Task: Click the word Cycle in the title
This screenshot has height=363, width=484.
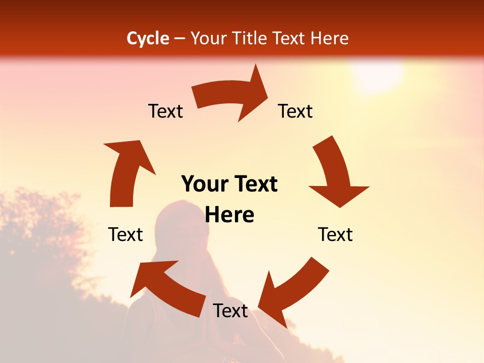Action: point(148,38)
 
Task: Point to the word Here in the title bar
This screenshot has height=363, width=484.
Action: point(330,38)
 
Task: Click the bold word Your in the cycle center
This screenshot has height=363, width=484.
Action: point(204,184)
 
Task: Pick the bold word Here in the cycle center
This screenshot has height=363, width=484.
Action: point(229,215)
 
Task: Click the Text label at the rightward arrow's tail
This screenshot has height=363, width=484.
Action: point(165,111)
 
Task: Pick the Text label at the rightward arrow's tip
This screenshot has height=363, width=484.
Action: point(295,111)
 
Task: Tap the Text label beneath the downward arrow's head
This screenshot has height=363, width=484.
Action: point(335,234)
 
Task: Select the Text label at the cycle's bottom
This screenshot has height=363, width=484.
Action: point(230,311)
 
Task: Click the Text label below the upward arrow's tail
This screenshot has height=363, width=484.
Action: point(126,234)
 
